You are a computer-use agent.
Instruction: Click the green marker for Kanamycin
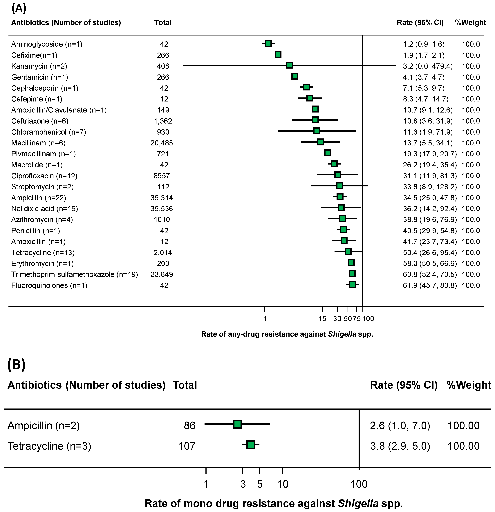click(x=289, y=65)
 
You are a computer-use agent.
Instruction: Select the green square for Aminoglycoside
click(x=268, y=43)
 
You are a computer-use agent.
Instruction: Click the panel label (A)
click(x=19, y=8)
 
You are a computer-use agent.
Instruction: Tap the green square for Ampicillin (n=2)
click(x=237, y=424)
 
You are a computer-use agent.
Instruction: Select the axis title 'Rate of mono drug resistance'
click(x=274, y=503)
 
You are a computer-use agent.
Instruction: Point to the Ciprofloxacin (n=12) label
click(x=44, y=176)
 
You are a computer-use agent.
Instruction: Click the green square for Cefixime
click(x=278, y=54)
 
